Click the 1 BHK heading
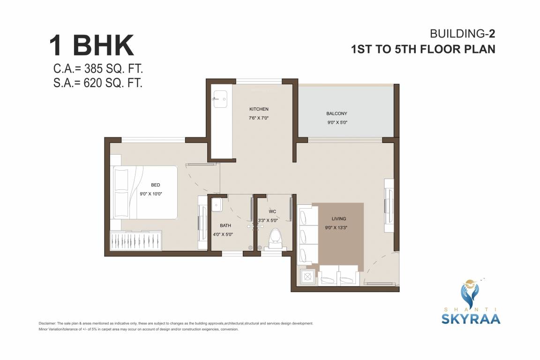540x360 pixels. [x=92, y=46]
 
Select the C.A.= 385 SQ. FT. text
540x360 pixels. [x=98, y=69]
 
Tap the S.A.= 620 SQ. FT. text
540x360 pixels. [x=98, y=83]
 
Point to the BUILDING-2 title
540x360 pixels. [x=463, y=33]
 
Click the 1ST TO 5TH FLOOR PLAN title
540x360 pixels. [x=423, y=49]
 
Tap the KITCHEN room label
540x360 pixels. [x=258, y=109]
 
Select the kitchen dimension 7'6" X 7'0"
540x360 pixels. [x=258, y=118]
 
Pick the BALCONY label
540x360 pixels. [x=337, y=113]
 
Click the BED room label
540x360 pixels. [x=156, y=185]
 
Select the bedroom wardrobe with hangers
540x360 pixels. [x=136, y=241]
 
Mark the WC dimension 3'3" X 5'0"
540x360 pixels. [x=268, y=220]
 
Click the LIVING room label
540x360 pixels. [x=338, y=218]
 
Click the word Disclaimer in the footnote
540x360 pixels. [x=47, y=323]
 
